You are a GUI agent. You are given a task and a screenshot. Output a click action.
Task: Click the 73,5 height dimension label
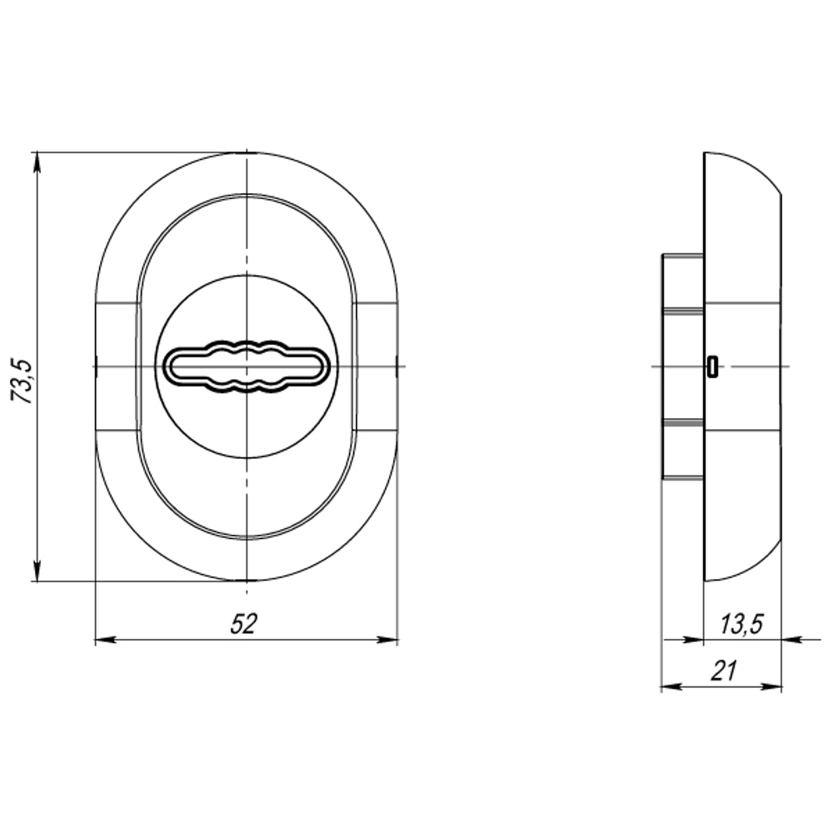[x=22, y=382]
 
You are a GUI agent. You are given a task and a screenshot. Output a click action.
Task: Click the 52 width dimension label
[x=243, y=624]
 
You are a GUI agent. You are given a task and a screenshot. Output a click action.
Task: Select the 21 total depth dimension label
[x=724, y=671]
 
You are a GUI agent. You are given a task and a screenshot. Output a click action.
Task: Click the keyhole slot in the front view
[x=247, y=366]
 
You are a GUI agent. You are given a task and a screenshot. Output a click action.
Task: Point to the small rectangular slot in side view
[x=712, y=367]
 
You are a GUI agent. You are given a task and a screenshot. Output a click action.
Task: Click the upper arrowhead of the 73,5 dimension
[x=37, y=162]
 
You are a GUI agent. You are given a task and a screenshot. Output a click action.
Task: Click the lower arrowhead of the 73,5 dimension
[x=37, y=571]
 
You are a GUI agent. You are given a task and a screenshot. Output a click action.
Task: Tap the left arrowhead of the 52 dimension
[x=105, y=640]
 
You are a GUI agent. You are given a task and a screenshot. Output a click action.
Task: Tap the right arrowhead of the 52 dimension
[x=387, y=640]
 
